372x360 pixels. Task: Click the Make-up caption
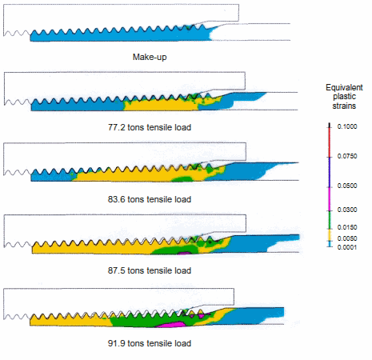(150, 57)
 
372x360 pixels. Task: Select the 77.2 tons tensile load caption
(150, 127)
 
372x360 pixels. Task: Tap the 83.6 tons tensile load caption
(150, 199)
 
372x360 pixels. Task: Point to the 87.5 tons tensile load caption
(150, 270)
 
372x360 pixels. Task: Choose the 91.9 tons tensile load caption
(150, 343)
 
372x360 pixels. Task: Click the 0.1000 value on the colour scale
(347, 126)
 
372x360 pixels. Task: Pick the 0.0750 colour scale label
(347, 156)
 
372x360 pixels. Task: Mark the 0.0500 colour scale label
(347, 186)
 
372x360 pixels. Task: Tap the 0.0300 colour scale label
(347, 210)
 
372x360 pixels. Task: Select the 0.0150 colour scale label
(347, 227)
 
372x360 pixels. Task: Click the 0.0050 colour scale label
(347, 238)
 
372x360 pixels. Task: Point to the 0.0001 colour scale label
(347, 247)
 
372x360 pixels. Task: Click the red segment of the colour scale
(330, 142)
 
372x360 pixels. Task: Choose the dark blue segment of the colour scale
(330, 172)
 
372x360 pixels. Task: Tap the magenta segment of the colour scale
(330, 199)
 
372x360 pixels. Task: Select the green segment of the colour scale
(330, 220)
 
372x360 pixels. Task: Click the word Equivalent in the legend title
(344, 87)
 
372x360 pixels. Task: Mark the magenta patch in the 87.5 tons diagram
(184, 253)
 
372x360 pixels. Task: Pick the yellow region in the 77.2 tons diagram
(160, 105)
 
